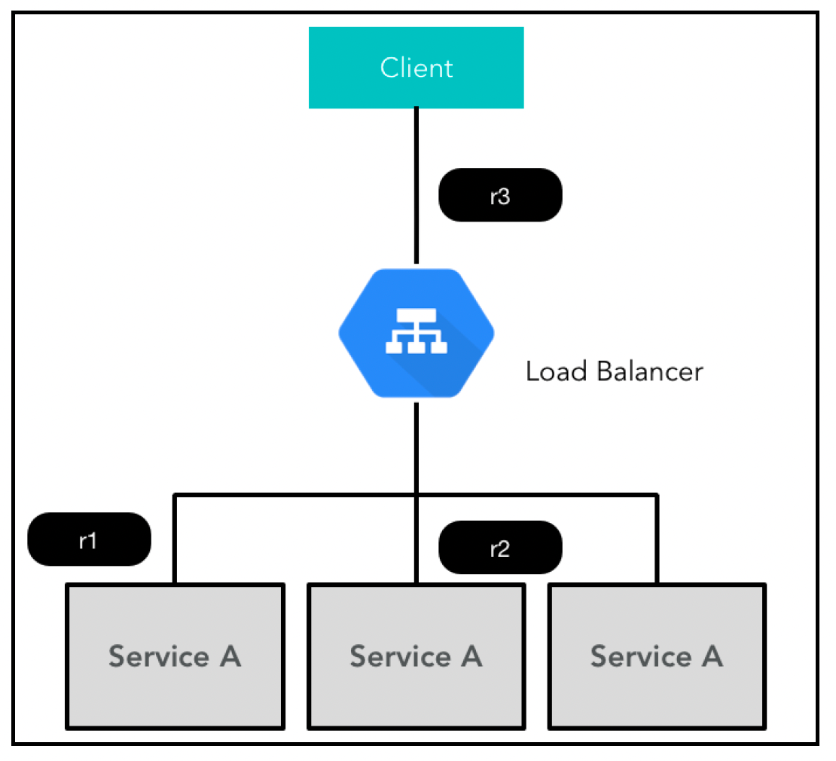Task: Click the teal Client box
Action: coord(416,68)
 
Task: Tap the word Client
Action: coord(416,69)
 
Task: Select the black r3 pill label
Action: coord(500,195)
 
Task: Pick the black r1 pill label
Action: coord(89,539)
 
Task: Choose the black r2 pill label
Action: coord(500,547)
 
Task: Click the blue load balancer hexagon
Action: coord(416,333)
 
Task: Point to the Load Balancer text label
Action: coord(615,371)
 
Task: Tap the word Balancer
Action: coord(650,371)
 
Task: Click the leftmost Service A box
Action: coord(175,656)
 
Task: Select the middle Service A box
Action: coord(416,656)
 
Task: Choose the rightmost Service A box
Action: coord(657,656)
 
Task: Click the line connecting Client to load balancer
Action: coord(416,185)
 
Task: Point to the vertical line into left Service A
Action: coord(175,539)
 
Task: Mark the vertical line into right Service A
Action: coord(657,539)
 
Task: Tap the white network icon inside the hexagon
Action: coord(416,331)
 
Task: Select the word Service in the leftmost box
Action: coord(159,656)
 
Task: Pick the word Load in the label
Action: coord(557,371)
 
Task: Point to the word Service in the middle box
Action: coord(401,656)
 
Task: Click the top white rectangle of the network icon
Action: coord(416,315)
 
